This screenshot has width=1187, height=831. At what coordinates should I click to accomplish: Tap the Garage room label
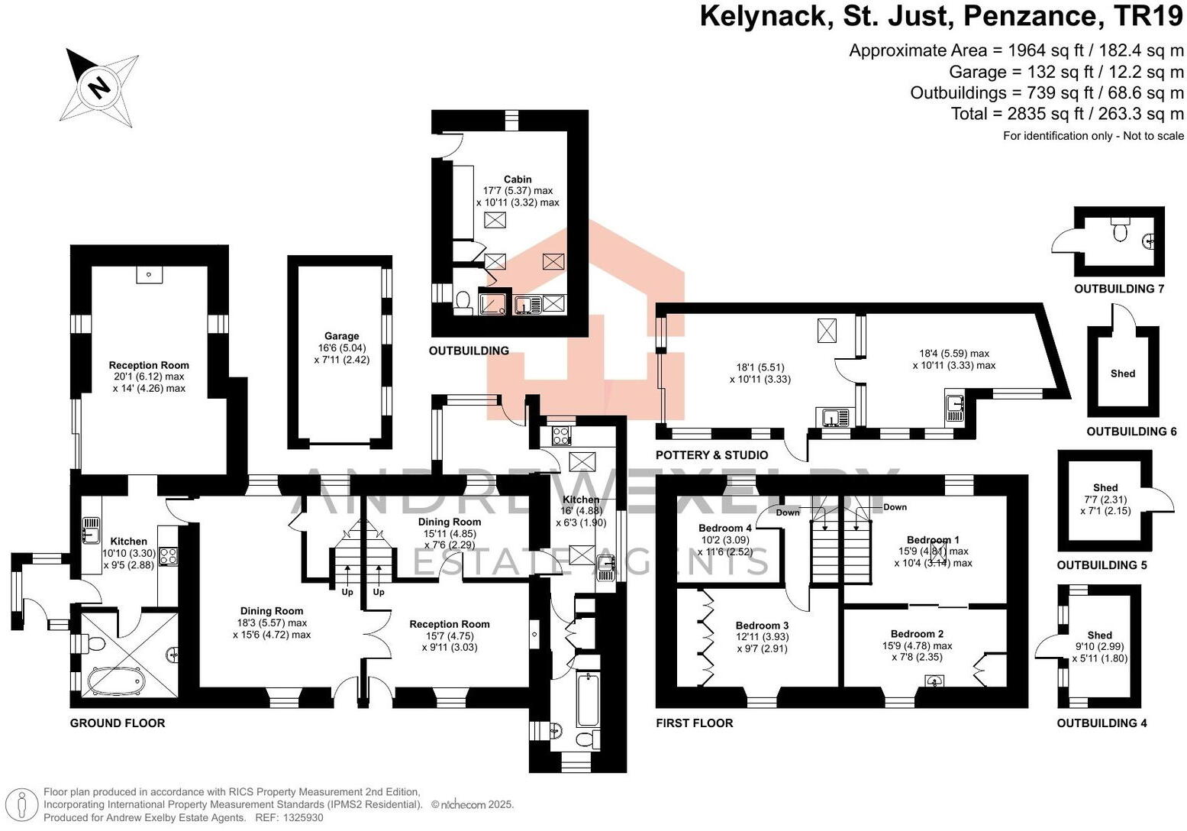click(341, 336)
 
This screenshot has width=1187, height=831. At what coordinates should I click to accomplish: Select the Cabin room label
click(518, 179)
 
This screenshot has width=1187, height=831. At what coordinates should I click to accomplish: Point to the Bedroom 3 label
click(762, 626)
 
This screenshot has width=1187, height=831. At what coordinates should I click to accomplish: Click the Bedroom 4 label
click(724, 529)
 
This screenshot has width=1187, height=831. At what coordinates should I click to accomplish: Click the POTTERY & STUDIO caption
click(711, 455)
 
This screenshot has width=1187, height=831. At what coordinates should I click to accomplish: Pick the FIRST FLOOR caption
click(694, 723)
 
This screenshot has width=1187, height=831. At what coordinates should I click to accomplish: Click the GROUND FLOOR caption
click(118, 723)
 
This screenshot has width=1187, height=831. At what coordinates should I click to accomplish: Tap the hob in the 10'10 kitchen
click(168, 557)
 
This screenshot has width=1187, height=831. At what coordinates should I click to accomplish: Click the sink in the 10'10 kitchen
click(91, 529)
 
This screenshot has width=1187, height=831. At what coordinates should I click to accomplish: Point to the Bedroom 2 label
click(917, 634)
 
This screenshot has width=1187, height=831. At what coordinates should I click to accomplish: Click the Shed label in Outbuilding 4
click(1099, 635)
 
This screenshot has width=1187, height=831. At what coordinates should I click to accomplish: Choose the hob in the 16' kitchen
click(561, 436)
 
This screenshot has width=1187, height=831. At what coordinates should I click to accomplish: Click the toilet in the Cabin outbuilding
click(463, 302)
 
